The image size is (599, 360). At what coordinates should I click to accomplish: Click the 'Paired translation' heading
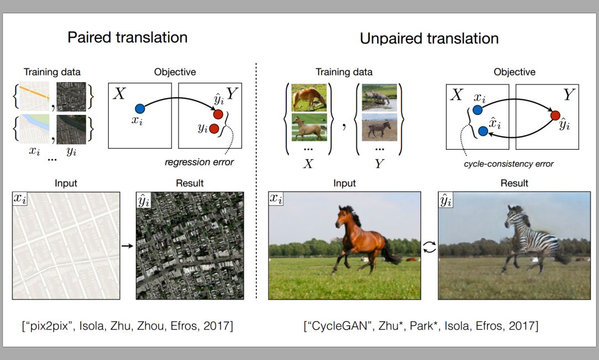(127, 38)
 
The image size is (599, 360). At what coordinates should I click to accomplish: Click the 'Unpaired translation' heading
(429, 39)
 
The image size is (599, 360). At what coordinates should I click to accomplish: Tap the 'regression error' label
(199, 162)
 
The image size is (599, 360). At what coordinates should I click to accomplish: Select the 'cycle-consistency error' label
(509, 164)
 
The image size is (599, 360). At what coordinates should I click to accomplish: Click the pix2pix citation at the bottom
(127, 326)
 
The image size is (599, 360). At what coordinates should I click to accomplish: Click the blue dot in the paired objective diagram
(140, 109)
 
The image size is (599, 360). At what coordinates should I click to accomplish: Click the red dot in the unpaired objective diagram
(555, 115)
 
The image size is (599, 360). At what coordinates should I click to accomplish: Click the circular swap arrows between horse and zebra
(429, 247)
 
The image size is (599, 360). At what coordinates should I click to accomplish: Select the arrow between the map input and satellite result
(127, 246)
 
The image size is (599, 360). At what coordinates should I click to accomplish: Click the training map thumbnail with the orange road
(34, 97)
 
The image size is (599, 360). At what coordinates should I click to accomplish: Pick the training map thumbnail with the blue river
(34, 129)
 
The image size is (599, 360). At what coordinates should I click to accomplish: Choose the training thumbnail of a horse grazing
(309, 98)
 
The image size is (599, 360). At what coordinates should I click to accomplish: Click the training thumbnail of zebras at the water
(379, 98)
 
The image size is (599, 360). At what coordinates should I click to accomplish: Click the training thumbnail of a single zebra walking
(379, 127)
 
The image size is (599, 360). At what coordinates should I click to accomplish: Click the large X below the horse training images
(308, 164)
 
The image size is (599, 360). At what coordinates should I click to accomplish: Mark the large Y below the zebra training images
(379, 164)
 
